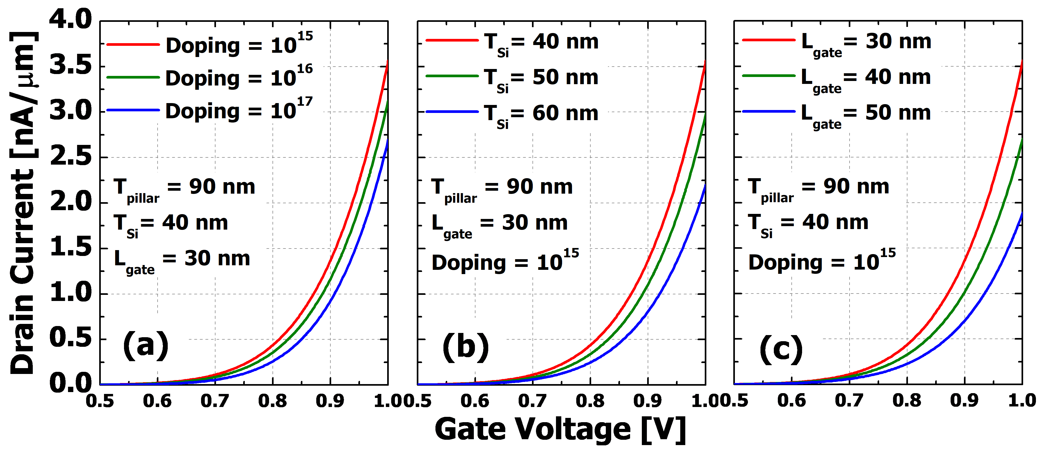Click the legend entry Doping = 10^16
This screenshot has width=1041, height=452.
point(238,78)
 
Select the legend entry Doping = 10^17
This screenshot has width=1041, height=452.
point(238,110)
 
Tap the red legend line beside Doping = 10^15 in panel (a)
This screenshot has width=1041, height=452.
point(133,44)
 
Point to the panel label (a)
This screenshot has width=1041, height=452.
point(146,343)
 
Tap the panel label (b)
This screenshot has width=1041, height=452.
point(466,345)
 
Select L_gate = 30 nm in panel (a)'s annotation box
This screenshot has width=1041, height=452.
point(182,259)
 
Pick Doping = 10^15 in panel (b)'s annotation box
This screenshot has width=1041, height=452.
point(505,262)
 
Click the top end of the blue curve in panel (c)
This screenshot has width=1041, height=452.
point(1022,213)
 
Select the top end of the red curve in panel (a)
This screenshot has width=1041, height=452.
point(387,61)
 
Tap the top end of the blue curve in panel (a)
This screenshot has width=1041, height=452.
point(387,140)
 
